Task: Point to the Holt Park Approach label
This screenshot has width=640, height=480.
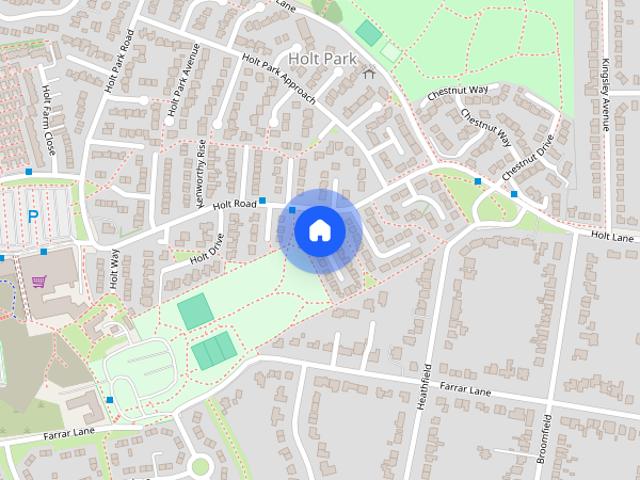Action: pyautogui.click(x=279, y=80)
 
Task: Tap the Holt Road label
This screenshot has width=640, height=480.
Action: pyautogui.click(x=235, y=204)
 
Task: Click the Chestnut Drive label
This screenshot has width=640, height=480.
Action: pyautogui.click(x=527, y=158)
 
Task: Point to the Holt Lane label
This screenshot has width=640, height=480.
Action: pyautogui.click(x=613, y=236)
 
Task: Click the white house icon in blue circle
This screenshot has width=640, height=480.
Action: pyautogui.click(x=319, y=230)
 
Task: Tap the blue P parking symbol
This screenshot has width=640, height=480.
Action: pyautogui.click(x=33, y=215)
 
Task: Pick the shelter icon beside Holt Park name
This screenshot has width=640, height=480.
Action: pyautogui.click(x=369, y=72)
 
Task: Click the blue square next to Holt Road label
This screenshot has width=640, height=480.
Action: pyautogui.click(x=262, y=201)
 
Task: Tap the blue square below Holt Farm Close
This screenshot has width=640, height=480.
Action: pyautogui.click(x=29, y=172)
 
